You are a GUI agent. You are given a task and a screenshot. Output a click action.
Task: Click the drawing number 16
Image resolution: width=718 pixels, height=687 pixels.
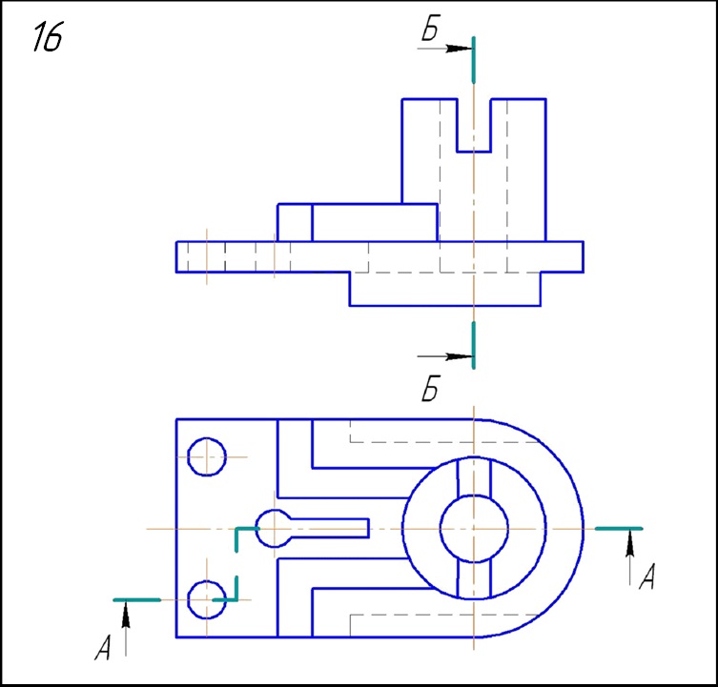(48, 37)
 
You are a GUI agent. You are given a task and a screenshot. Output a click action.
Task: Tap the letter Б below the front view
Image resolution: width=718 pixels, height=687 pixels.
(430, 391)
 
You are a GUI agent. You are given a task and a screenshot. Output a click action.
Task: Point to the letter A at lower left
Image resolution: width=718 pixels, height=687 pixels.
(105, 650)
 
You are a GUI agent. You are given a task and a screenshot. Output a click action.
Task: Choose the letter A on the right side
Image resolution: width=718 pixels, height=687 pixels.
(646, 576)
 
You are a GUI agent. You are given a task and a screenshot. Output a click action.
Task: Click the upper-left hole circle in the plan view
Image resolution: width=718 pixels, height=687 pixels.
(206, 456)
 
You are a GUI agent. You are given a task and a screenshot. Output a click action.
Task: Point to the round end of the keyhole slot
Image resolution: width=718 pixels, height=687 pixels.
(275, 528)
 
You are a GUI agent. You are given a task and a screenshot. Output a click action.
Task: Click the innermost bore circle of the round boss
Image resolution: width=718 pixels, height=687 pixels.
(474, 528)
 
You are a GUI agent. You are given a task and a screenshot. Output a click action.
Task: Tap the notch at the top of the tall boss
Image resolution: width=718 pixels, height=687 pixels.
(474, 124)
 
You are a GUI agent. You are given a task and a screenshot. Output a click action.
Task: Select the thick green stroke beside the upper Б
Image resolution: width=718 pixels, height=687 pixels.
(474, 59)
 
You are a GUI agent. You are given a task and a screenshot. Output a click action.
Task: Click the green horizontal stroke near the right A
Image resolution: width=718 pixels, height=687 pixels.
(618, 527)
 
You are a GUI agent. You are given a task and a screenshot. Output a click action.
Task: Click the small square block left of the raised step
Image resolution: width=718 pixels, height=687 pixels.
(295, 222)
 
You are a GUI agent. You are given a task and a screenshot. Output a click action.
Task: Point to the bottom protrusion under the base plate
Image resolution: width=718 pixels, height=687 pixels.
(444, 289)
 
